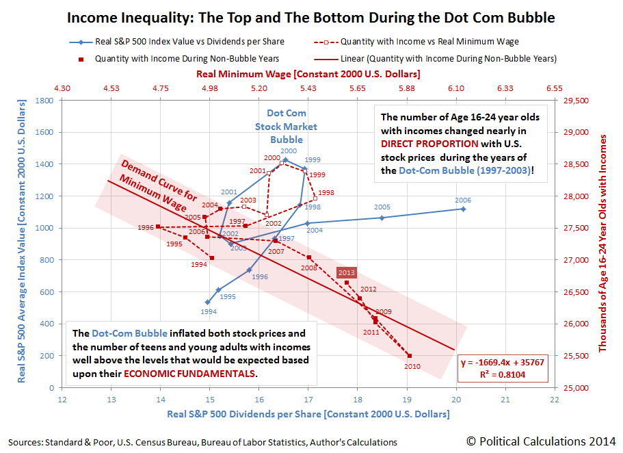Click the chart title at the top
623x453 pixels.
(x=311, y=17)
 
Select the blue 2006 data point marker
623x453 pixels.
(x=463, y=209)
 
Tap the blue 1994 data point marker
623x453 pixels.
(x=207, y=302)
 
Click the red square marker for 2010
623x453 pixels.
(x=409, y=356)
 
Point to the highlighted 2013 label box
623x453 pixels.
(x=347, y=272)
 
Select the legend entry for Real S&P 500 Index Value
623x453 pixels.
(x=181, y=42)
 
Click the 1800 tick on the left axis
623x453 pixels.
(x=45, y=101)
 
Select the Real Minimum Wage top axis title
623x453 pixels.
(x=308, y=73)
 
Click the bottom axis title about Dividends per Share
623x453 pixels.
(x=308, y=414)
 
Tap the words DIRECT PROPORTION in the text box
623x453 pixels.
(x=430, y=144)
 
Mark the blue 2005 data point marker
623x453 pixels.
(x=382, y=218)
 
